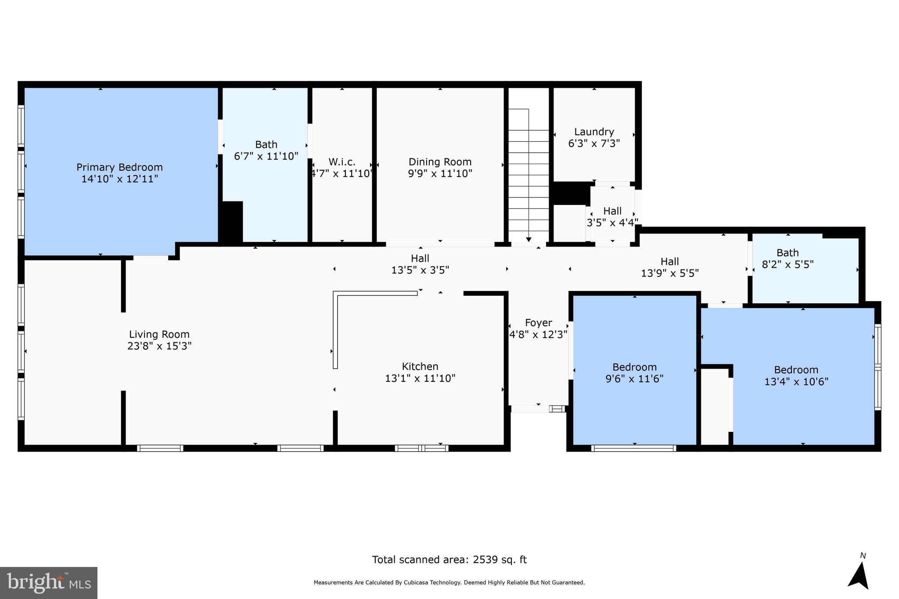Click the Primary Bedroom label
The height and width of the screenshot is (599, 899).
click(x=119, y=167)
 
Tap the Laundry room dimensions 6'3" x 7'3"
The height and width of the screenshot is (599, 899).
click(x=594, y=143)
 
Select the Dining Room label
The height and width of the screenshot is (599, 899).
click(x=440, y=162)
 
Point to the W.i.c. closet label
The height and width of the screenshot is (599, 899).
click(x=342, y=162)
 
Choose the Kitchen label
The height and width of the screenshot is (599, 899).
click(x=420, y=366)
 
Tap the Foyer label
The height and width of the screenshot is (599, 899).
click(x=538, y=323)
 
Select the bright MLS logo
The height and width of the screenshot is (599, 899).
click(x=49, y=583)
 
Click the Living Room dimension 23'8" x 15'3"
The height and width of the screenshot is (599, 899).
click(x=159, y=346)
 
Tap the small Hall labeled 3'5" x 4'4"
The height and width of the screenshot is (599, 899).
click(x=612, y=216)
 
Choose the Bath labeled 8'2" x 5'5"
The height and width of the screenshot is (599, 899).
click(x=788, y=258)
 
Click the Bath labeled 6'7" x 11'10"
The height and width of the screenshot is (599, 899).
click(x=266, y=150)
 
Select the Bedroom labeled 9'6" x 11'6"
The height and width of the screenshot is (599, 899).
click(x=634, y=373)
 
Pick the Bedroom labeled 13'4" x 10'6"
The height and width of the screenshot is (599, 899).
click(x=796, y=375)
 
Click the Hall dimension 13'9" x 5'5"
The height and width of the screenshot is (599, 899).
click(x=670, y=273)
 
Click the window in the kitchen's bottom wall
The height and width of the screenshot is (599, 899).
click(x=421, y=448)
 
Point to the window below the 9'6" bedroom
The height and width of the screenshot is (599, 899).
click(x=633, y=448)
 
